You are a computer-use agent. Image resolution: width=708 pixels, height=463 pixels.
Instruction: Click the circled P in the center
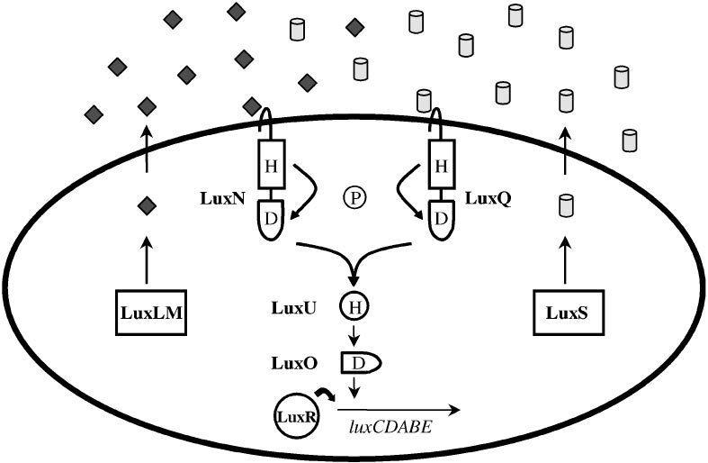[x=353, y=195]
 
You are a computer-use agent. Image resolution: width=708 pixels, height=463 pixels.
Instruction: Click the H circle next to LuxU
[x=353, y=308]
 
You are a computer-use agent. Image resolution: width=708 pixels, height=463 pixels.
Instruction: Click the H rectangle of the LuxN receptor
[x=271, y=165]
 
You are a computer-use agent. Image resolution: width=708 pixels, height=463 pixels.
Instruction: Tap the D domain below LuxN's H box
[x=271, y=219]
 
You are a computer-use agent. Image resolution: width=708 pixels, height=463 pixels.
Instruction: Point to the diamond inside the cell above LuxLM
[x=146, y=208]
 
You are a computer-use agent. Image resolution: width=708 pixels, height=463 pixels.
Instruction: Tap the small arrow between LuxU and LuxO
[x=353, y=335]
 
